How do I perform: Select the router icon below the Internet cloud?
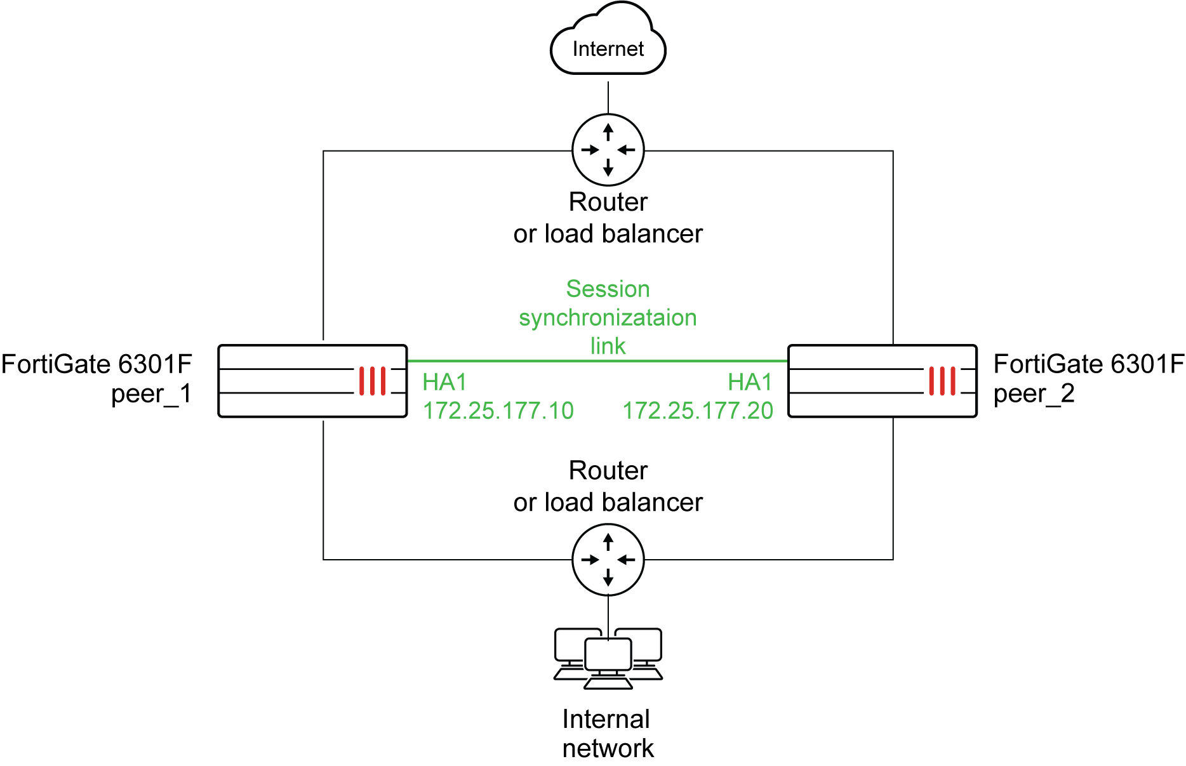tap(608, 150)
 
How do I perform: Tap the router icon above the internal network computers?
tap(608, 559)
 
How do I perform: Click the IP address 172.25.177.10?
tap(498, 411)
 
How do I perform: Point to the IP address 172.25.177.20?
tap(697, 411)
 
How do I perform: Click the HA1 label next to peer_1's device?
tap(444, 382)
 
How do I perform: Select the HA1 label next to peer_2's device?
tap(750, 382)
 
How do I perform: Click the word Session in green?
tap(608, 289)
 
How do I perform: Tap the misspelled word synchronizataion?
tap(608, 317)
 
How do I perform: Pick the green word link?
tap(608, 346)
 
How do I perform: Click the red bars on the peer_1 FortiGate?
tap(372, 381)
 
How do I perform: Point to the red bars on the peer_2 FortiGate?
tap(942, 381)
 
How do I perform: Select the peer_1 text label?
tap(151, 394)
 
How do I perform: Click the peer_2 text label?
tap(1034, 394)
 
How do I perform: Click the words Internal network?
tap(608, 734)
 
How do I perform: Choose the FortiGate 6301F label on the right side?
tap(1088, 364)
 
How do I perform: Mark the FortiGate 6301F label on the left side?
tap(97, 364)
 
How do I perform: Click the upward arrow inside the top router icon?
tap(608, 131)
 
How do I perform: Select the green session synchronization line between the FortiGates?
tap(597, 361)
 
